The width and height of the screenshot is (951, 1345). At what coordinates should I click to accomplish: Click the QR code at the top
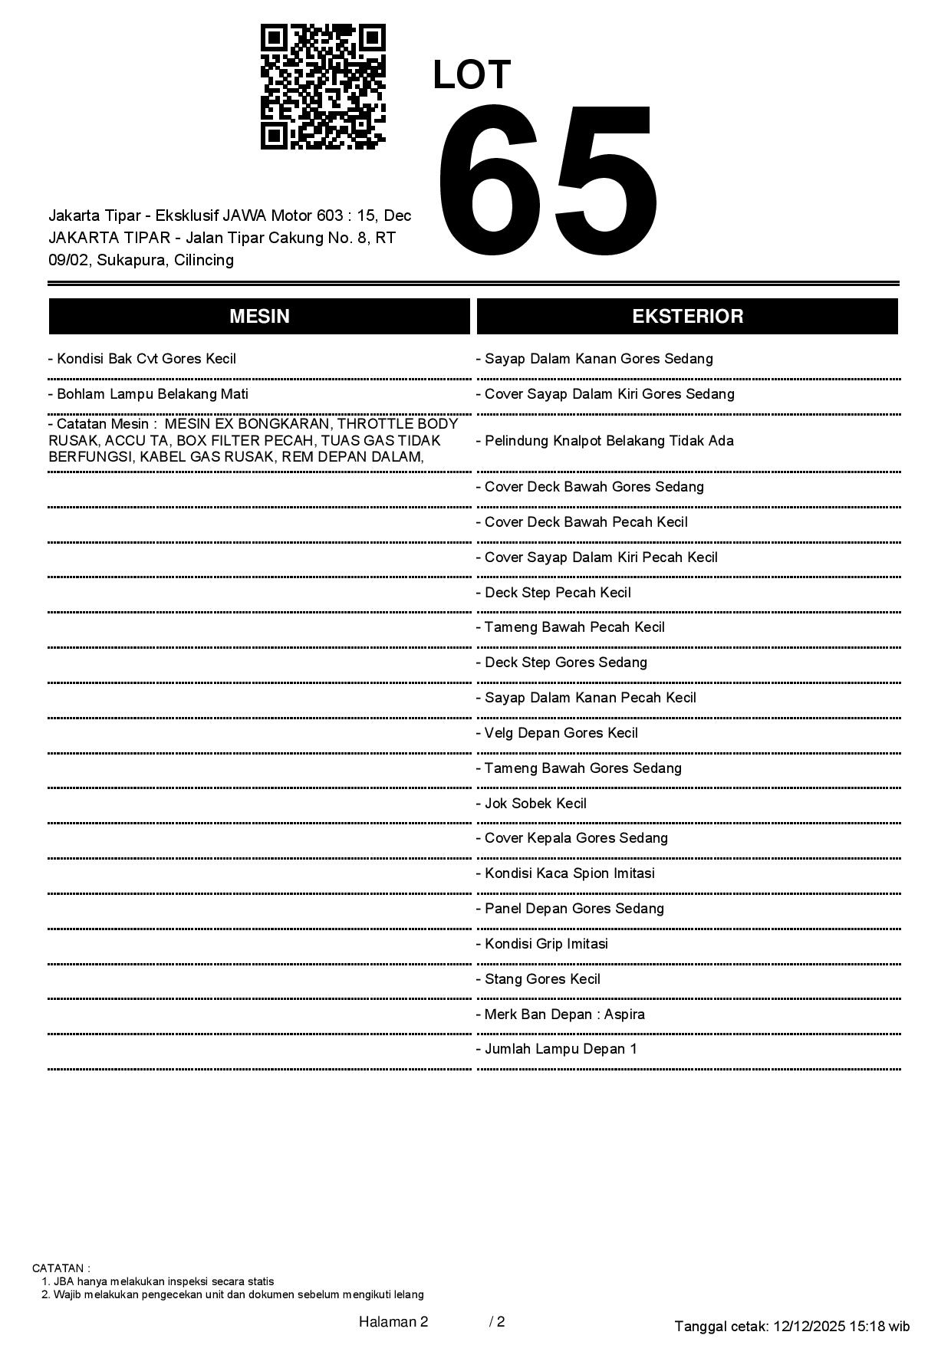tap(323, 87)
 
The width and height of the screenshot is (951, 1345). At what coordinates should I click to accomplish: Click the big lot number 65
tap(547, 182)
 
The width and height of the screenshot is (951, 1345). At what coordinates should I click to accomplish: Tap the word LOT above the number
tap(472, 75)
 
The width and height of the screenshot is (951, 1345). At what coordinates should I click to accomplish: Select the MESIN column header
tap(259, 317)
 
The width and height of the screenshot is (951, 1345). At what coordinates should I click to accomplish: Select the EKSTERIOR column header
tap(687, 317)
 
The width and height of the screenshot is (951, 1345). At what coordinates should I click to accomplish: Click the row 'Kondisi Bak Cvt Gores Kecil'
tap(143, 359)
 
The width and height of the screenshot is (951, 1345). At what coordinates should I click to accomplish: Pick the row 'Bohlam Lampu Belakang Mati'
tap(149, 394)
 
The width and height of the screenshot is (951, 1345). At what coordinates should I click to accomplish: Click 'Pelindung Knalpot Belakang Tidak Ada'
tap(605, 441)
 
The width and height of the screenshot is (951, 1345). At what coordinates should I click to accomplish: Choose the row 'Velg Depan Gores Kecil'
tap(557, 733)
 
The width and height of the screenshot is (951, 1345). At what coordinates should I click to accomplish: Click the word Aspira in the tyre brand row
tap(624, 1015)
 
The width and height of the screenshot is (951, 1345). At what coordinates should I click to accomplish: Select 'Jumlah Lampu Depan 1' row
tap(557, 1049)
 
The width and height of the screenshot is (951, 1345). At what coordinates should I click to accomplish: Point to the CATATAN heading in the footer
tap(61, 1268)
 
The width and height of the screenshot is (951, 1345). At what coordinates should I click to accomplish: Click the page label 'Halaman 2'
tap(393, 1322)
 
